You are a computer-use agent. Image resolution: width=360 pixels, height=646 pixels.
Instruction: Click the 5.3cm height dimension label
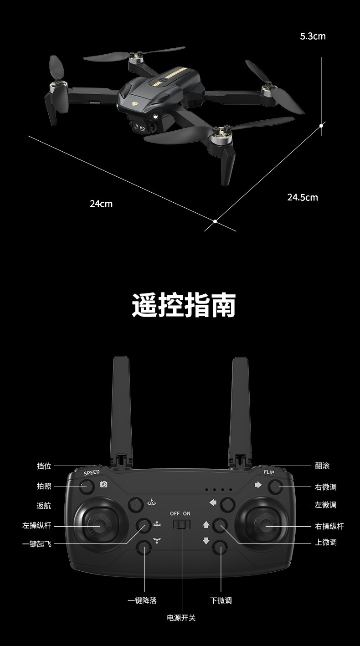pyautogui.click(x=313, y=36)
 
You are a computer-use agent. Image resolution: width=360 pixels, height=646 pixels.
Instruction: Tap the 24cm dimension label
pyautogui.click(x=101, y=204)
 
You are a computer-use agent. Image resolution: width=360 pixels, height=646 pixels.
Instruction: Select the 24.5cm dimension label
pyautogui.click(x=302, y=197)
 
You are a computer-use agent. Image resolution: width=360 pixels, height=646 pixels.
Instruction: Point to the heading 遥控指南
pyautogui.click(x=184, y=305)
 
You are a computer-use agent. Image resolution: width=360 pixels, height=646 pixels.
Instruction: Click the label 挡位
pyautogui.click(x=44, y=466)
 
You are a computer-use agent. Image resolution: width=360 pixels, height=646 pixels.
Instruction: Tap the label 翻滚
pyautogui.click(x=322, y=466)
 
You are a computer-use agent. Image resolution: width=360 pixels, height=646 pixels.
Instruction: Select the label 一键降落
pyautogui.click(x=142, y=600)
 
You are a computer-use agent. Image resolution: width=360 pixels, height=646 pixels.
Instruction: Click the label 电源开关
pyautogui.click(x=181, y=618)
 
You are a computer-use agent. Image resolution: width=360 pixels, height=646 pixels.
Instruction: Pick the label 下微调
pyautogui.click(x=221, y=600)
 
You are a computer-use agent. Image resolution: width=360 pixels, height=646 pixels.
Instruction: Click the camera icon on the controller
pyautogui.click(x=104, y=484)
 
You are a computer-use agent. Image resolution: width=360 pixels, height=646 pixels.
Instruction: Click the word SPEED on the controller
pyautogui.click(x=92, y=472)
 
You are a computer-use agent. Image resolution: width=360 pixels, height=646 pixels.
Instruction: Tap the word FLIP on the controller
pyautogui.click(x=269, y=472)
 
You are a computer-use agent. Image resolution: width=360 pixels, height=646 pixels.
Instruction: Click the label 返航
pyautogui.click(x=44, y=505)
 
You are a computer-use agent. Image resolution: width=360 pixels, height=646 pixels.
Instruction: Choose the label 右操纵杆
pyautogui.click(x=329, y=526)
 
